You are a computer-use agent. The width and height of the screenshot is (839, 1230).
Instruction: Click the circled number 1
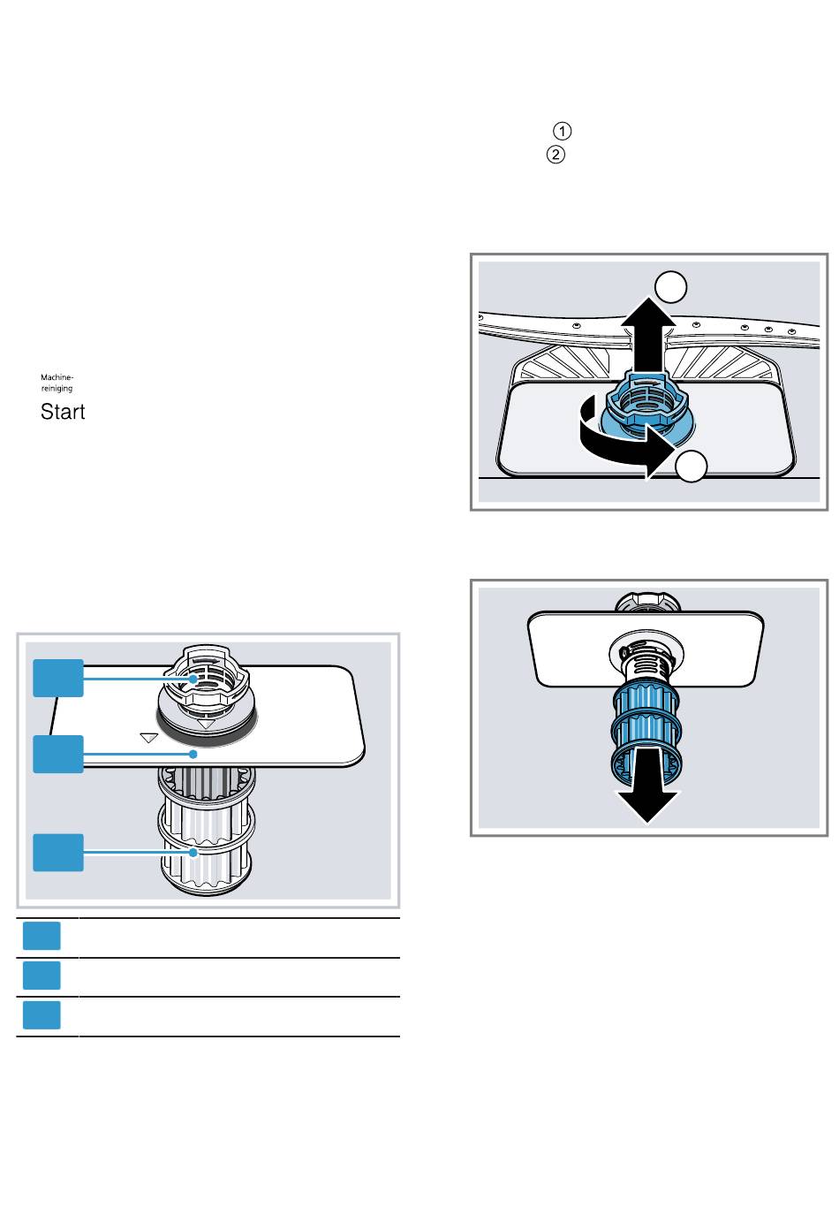562,131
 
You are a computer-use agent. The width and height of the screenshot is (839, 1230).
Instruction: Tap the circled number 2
556,155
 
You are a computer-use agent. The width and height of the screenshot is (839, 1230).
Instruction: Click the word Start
63,412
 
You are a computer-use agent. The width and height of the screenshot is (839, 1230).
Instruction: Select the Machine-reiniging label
57,383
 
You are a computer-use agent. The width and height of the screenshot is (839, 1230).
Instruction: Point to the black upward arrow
648,336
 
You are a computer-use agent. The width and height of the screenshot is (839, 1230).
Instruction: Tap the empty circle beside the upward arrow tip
670,286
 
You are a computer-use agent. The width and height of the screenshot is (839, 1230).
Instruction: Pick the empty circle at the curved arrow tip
691,467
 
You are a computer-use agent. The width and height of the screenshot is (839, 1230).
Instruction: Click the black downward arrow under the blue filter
647,786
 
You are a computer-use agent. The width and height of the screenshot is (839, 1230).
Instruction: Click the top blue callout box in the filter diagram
58,678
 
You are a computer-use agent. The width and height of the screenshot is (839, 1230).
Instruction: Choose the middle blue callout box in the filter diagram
58,754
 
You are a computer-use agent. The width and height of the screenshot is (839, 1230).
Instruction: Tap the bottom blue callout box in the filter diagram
58,853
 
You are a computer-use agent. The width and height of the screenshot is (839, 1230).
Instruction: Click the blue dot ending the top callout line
193,679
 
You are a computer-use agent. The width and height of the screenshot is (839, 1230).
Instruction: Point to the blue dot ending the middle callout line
193,755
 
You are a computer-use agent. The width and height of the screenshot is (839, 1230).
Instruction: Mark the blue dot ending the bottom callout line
193,853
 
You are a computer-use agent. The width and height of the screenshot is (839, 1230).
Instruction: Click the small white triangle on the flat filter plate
149,738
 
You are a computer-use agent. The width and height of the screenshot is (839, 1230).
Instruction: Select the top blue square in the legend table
42,936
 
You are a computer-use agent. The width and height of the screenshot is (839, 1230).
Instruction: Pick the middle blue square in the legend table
42,976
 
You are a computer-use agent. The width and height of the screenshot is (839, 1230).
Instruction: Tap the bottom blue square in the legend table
42,1014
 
